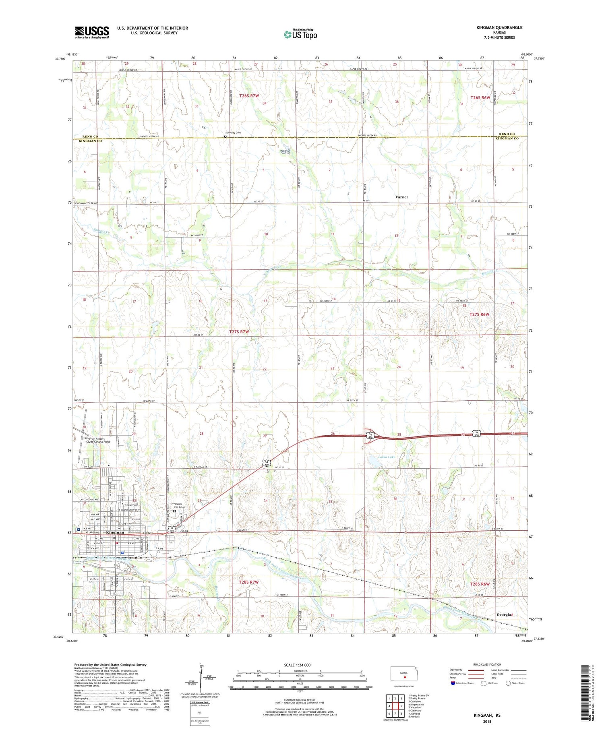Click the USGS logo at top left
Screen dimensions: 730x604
[92, 32]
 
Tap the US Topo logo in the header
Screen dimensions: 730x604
[300, 35]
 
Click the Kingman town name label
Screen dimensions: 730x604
[115, 532]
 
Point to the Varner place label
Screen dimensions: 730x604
[401, 197]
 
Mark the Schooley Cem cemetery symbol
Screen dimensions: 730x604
[225, 136]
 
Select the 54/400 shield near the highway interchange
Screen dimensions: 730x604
[370, 435]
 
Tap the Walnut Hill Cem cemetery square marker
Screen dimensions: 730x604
[174, 511]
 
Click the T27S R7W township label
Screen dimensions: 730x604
[239, 332]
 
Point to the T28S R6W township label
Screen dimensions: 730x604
[480, 584]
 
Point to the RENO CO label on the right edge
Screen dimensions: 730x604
[506, 134]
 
